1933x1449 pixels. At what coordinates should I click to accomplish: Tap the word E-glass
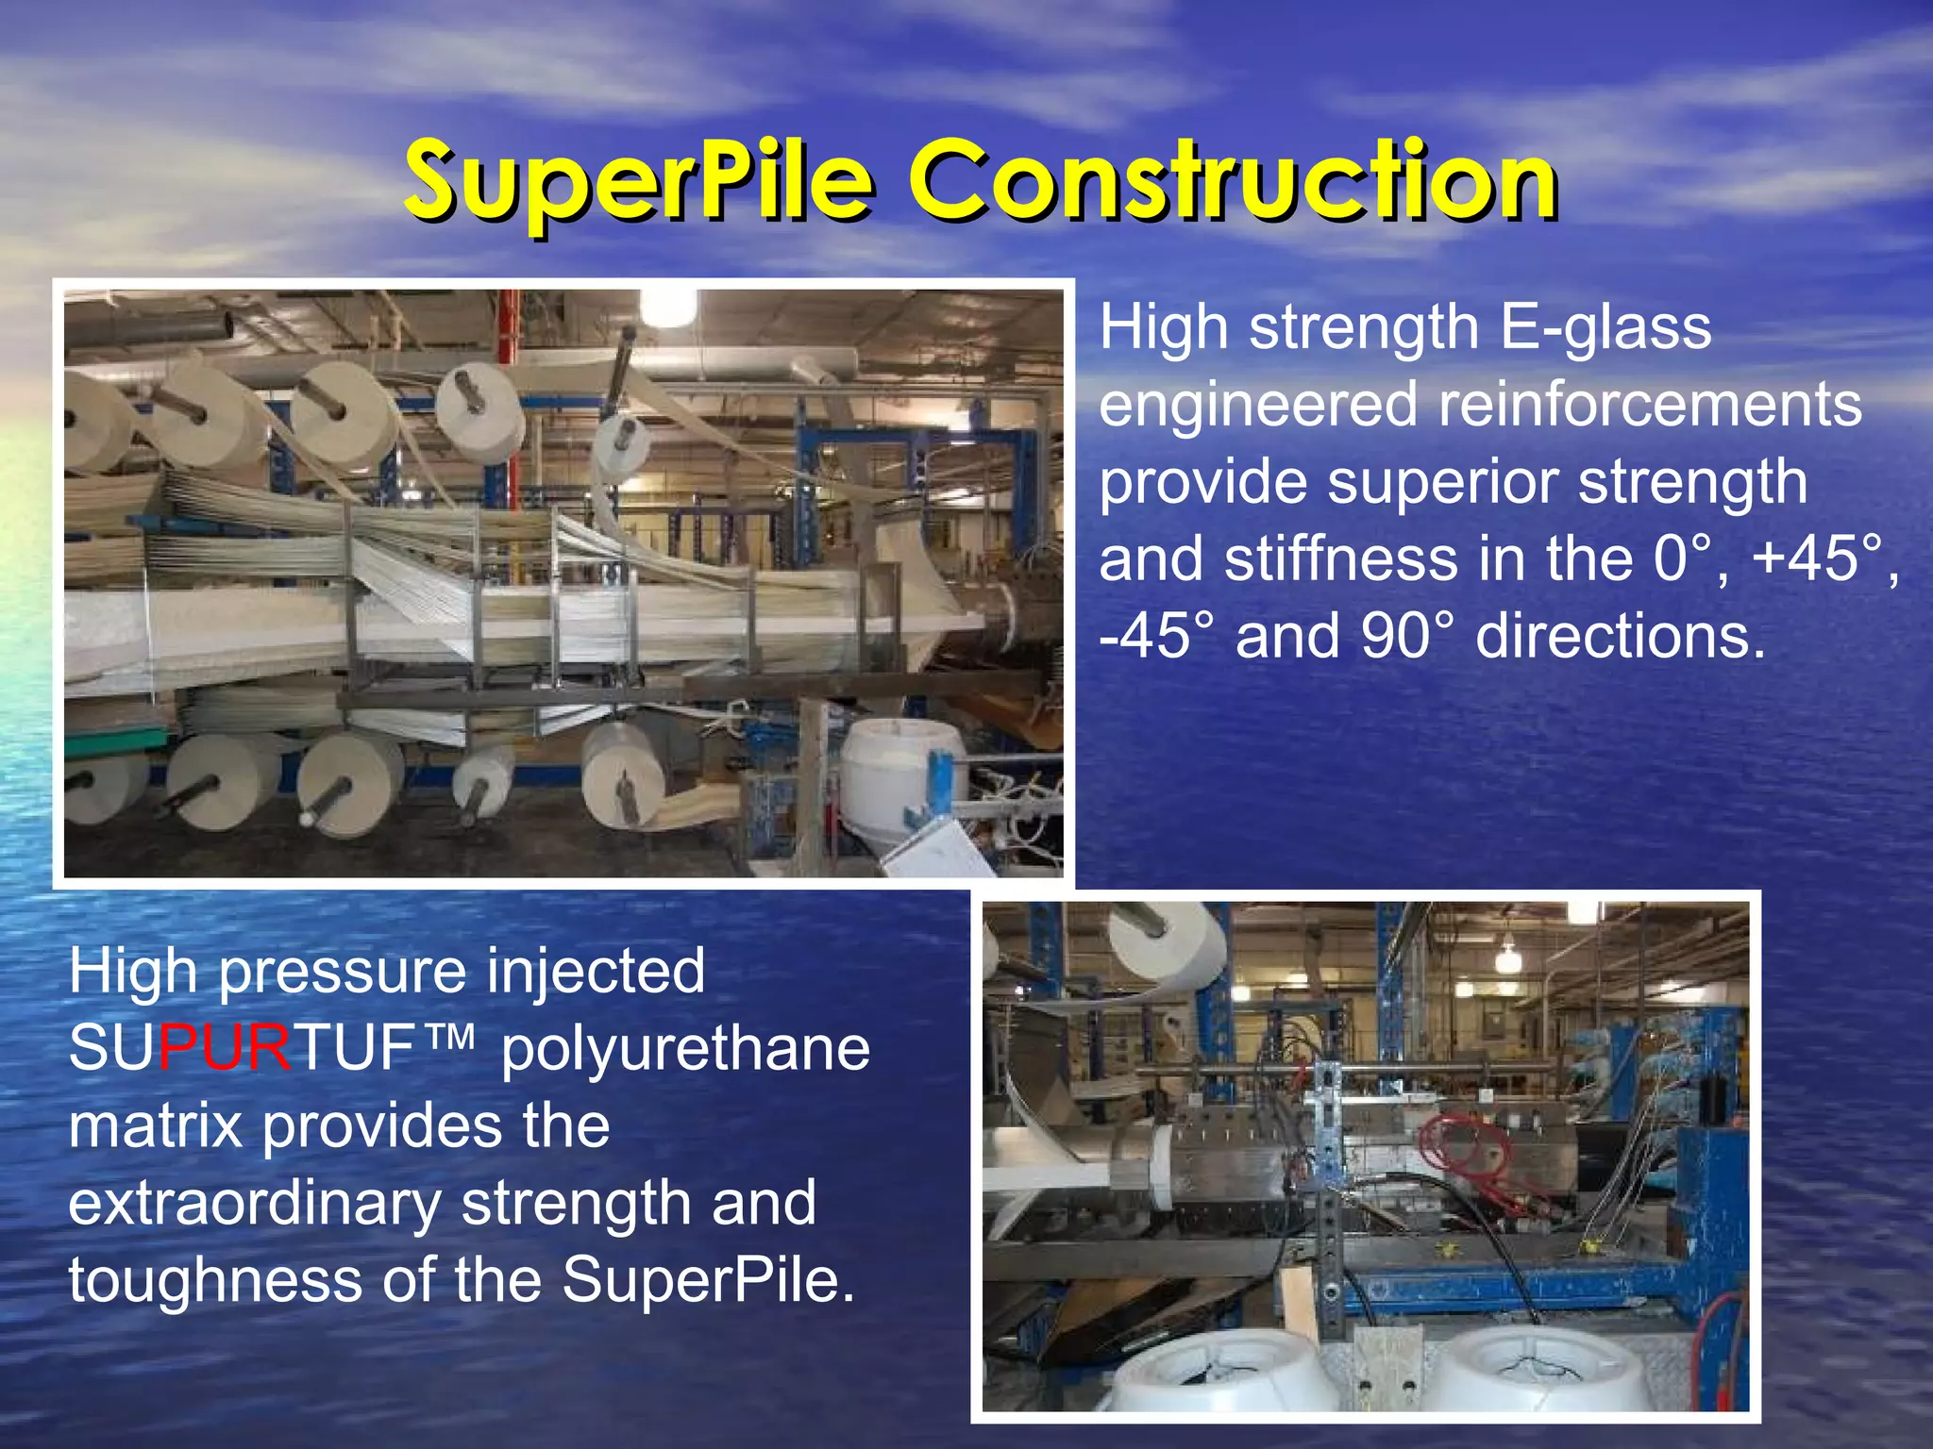[1605, 328]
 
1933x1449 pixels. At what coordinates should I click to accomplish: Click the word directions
[1620, 636]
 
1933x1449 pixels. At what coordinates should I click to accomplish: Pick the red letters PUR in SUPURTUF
[225, 1049]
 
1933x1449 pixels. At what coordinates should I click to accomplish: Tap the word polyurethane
[685, 1049]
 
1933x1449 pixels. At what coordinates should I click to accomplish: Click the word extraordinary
[255, 1204]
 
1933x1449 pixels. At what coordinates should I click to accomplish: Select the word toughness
[215, 1281]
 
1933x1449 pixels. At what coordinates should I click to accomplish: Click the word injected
[595, 972]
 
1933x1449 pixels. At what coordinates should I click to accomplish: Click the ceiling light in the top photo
[668, 308]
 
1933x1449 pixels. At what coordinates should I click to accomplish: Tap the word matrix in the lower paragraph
[155, 1126]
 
